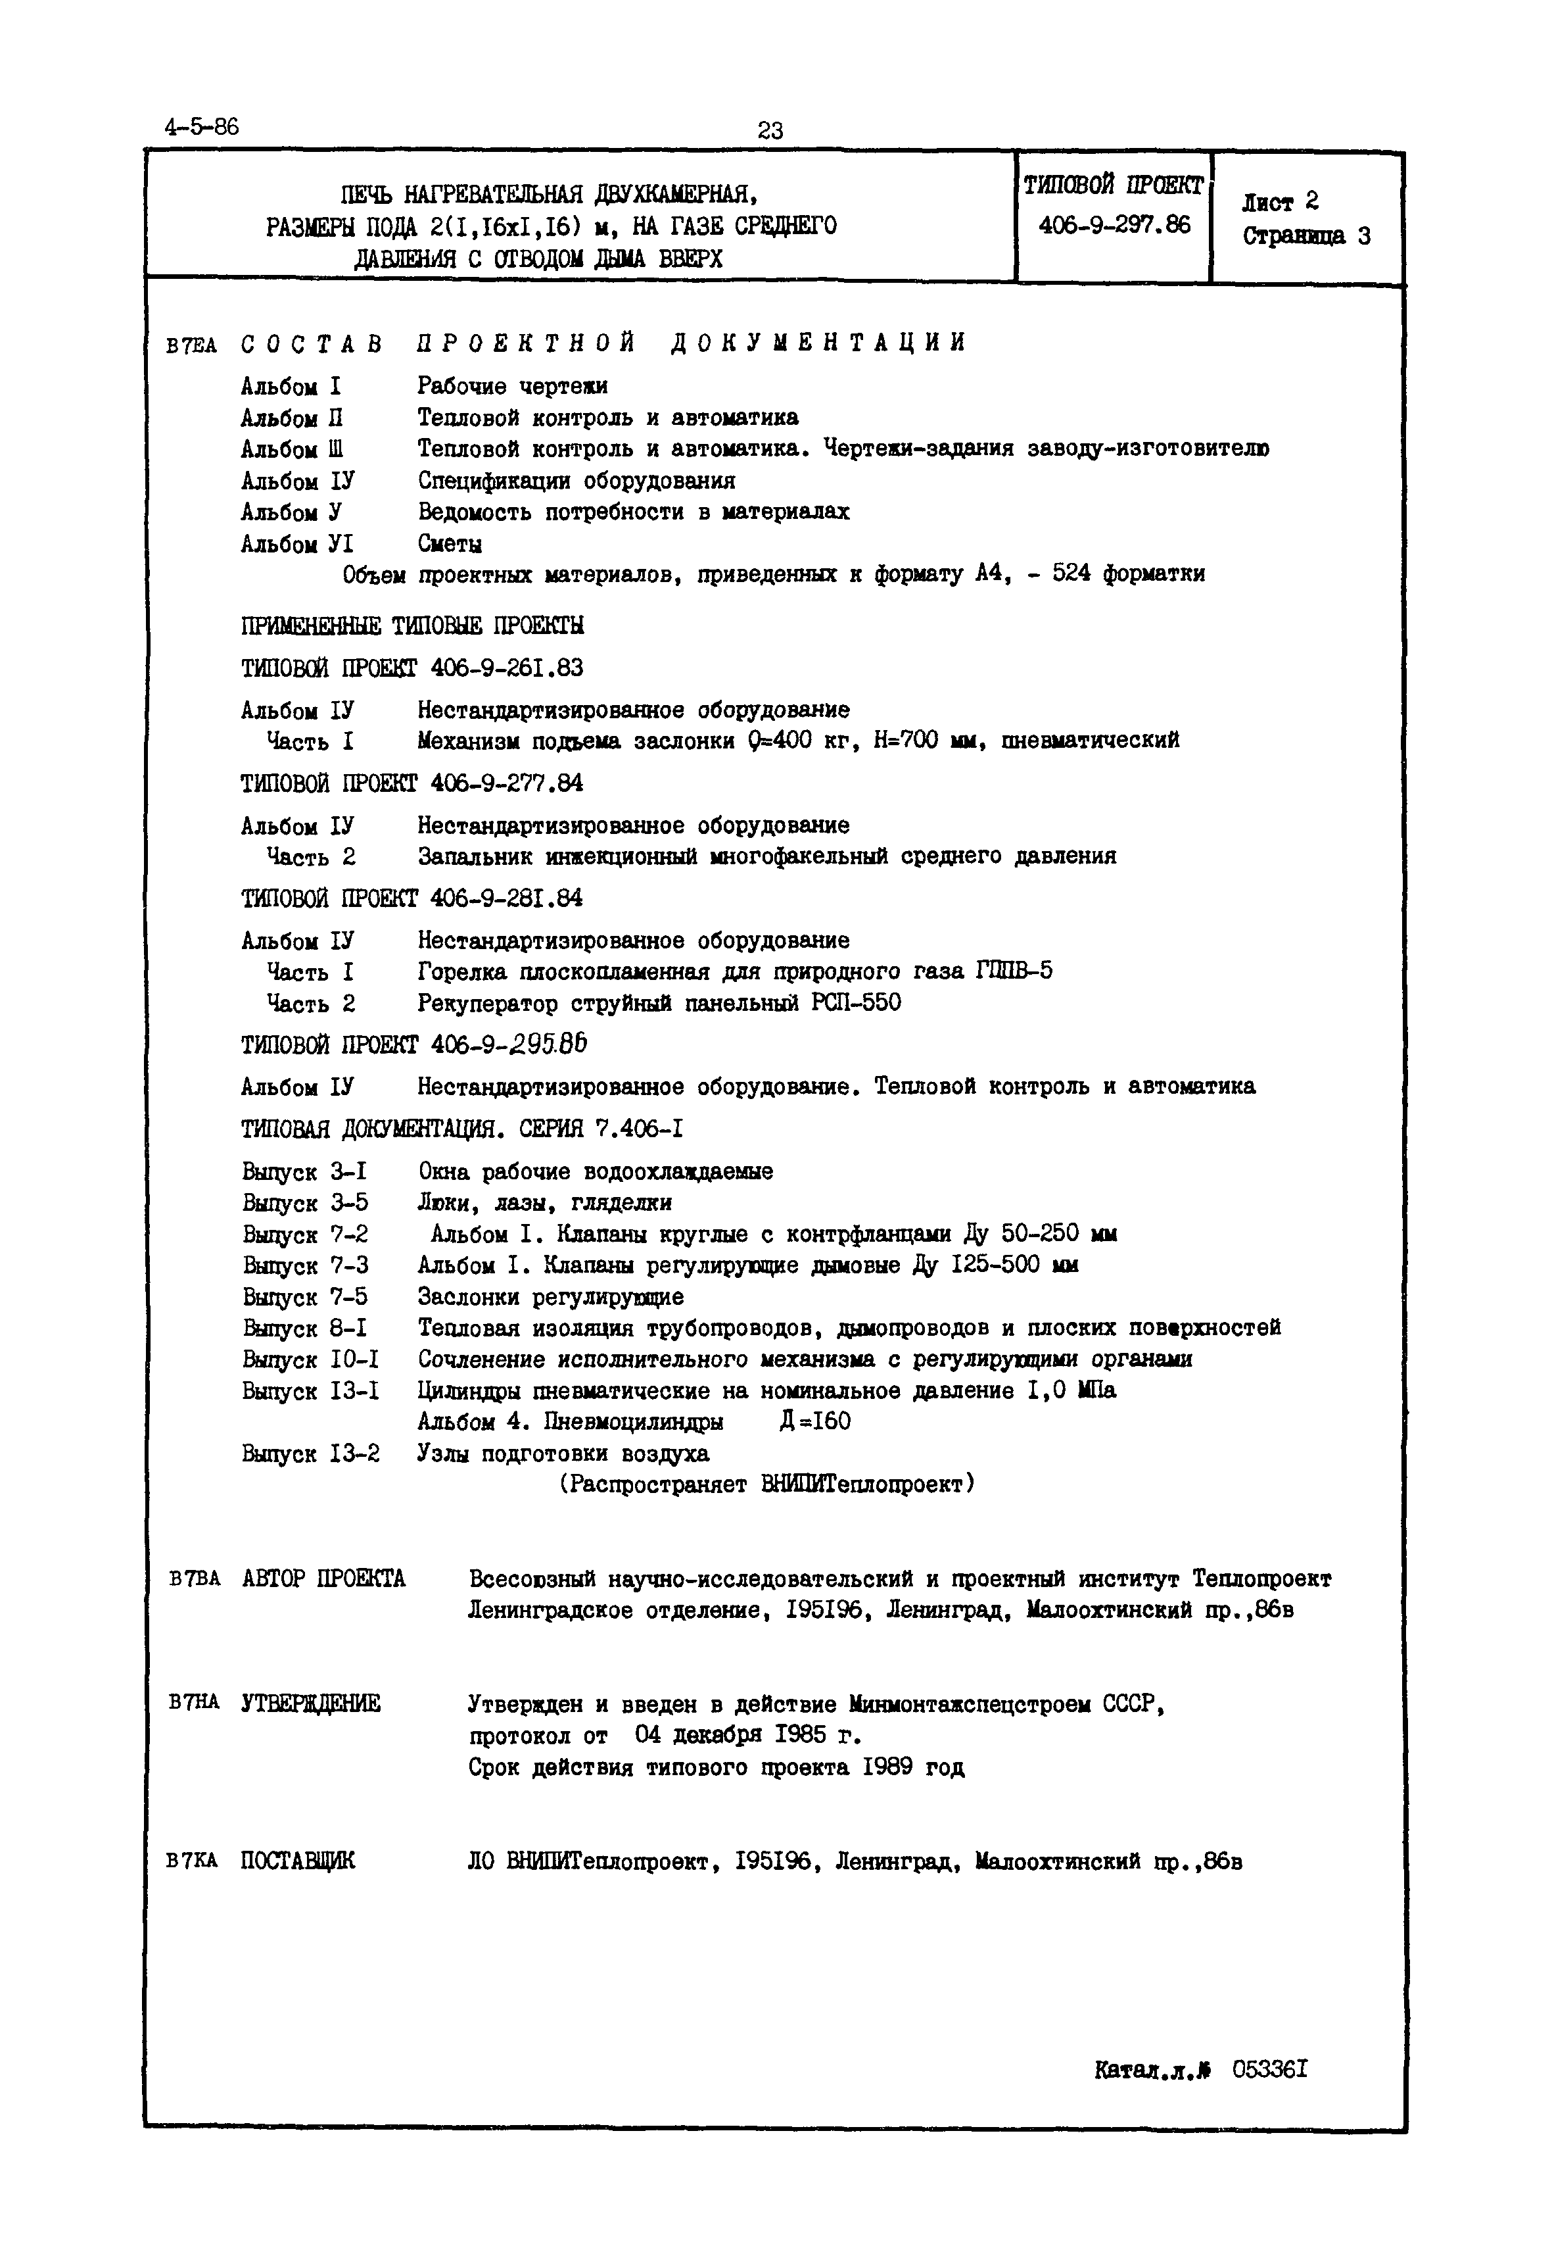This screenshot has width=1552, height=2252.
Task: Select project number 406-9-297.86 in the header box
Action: (1114, 226)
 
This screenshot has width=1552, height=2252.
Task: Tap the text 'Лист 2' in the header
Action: (1280, 203)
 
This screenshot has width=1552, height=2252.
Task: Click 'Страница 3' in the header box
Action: (1306, 236)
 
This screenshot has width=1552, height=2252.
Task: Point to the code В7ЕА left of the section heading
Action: (193, 345)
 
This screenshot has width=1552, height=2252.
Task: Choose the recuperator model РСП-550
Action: (856, 1003)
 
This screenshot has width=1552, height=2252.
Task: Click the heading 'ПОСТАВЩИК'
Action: (298, 1861)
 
